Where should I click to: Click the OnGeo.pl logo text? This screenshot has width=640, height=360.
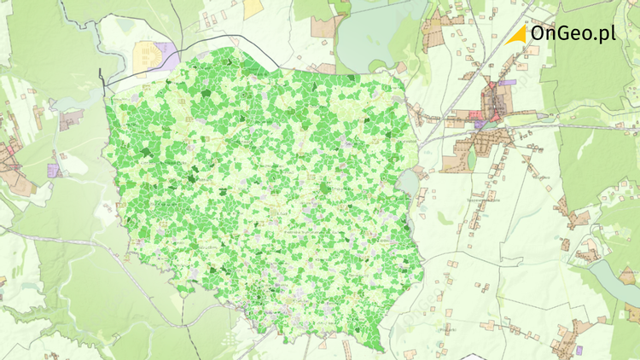[572, 33]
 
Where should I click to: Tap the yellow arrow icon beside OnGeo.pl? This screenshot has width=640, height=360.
[515, 34]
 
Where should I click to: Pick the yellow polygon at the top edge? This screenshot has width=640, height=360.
[253, 9]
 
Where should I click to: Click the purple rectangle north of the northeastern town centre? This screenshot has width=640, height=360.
[509, 83]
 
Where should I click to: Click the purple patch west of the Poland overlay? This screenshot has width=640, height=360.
[55, 169]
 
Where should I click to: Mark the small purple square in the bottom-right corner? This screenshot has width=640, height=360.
[579, 349]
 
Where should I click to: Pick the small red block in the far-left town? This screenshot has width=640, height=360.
[10, 154]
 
